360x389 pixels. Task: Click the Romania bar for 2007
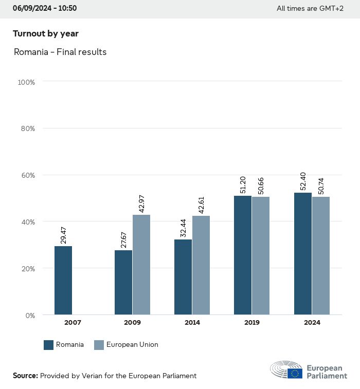63,280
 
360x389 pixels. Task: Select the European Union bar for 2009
141,265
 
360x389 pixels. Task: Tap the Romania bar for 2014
183,277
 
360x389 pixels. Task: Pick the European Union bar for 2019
261,255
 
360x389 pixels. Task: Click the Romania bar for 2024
303,254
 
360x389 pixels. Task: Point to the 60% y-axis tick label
27,175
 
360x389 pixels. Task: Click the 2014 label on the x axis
192,323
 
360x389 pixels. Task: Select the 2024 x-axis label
312,323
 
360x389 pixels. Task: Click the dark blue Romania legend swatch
49,345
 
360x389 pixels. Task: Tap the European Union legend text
132,345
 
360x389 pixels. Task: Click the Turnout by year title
46,34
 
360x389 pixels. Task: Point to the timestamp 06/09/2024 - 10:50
45,8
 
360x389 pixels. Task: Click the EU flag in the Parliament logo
295,373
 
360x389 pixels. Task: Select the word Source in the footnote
25,376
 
